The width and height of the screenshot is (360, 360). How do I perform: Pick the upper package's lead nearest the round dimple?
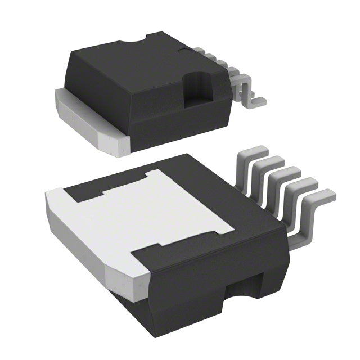[211, 56]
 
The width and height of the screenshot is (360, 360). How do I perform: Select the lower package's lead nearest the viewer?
[315, 205]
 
